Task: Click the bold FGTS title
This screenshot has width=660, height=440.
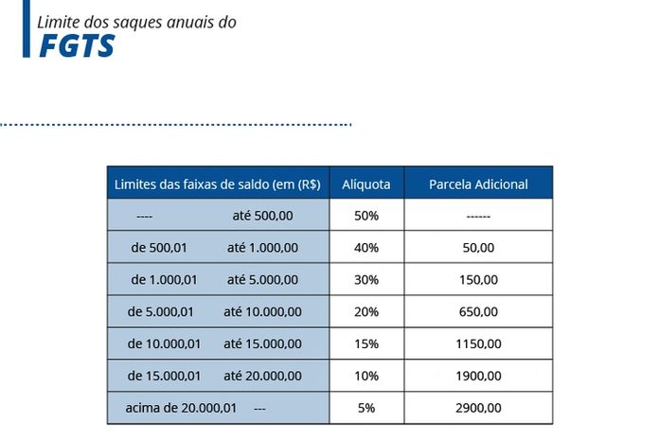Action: (x=77, y=45)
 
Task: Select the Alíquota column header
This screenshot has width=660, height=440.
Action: (x=366, y=185)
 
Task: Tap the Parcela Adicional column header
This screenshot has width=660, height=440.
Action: (x=478, y=185)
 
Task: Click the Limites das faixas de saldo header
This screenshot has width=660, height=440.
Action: (x=217, y=185)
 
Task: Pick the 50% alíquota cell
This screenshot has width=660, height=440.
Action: (x=366, y=216)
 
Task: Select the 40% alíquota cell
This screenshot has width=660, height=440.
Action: (x=366, y=248)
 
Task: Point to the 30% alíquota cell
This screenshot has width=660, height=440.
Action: (x=366, y=280)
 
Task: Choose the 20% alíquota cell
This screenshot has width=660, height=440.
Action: (x=366, y=312)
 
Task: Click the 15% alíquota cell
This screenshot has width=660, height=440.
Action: (x=366, y=344)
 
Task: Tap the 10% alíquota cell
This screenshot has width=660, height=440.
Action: (x=366, y=377)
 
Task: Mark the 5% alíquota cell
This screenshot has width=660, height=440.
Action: (x=366, y=409)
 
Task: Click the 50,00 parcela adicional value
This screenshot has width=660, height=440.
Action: (x=478, y=248)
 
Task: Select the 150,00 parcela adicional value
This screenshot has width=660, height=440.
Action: (x=478, y=280)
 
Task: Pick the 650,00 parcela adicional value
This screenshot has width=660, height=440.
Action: (x=478, y=312)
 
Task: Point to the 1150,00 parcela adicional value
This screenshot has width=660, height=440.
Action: (x=478, y=344)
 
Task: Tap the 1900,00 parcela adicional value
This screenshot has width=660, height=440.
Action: (x=478, y=377)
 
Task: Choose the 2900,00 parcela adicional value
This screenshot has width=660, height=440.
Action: (x=478, y=409)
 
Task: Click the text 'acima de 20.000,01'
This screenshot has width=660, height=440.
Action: (x=181, y=409)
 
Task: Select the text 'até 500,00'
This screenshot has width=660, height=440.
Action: (x=262, y=216)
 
